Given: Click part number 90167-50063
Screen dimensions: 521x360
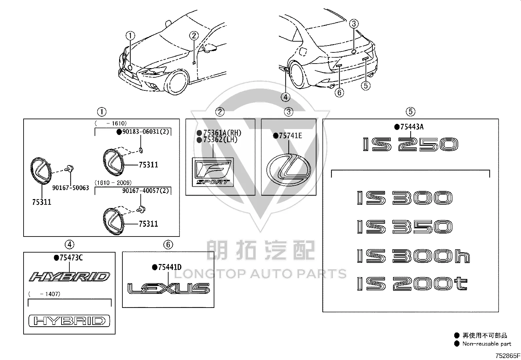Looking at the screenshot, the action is (70, 188).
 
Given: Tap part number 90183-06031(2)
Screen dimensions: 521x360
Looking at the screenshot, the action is (146, 132).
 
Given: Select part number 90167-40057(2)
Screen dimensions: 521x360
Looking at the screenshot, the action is (146, 191).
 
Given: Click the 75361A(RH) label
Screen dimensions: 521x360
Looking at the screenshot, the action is (222, 133).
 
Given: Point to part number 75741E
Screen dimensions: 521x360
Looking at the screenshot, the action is (290, 136).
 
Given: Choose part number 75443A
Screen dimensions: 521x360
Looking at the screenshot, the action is (412, 127).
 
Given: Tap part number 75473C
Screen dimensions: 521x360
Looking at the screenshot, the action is (71, 258).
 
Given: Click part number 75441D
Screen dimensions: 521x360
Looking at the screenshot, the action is (170, 267).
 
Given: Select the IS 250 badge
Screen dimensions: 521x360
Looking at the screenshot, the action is (410, 144).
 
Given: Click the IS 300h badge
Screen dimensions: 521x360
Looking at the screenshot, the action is (413, 256).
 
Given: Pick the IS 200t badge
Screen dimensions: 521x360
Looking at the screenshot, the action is (412, 284).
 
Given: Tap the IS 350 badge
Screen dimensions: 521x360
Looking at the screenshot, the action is (405, 227).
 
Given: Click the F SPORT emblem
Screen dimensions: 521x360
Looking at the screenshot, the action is (213, 172).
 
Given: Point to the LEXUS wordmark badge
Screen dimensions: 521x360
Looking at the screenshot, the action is (169, 288).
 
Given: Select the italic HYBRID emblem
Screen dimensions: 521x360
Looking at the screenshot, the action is (69, 277).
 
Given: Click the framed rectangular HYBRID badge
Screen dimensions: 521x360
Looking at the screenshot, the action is (69, 321).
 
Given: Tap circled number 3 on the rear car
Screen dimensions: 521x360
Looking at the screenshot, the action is (354, 24).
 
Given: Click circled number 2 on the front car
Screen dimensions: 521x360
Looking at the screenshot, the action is (194, 36).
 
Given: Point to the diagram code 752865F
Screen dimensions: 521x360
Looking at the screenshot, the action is (508, 356).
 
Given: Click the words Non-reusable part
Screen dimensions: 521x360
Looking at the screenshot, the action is (487, 344).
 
